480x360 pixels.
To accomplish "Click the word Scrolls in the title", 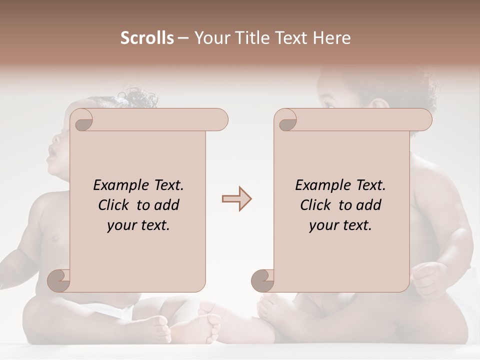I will (147, 38).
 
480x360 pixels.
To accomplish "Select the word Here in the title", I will (332, 38).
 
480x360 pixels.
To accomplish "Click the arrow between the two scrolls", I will (237, 199).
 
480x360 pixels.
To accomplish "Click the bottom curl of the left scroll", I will (59, 280).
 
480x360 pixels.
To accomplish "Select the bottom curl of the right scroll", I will (262, 280).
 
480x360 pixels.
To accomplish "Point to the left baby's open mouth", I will (52, 159).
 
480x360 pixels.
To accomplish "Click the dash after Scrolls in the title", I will (183, 38).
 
